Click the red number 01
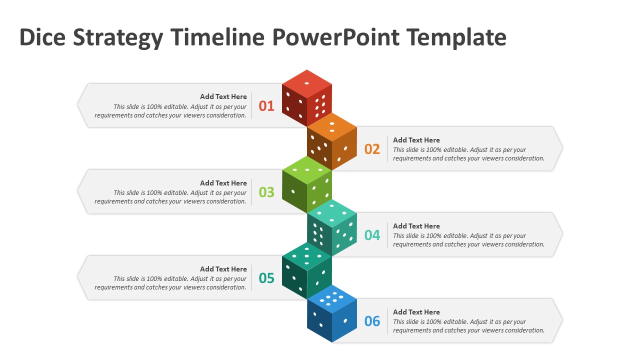[266, 106]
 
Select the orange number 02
[372, 149]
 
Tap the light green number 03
[266, 192]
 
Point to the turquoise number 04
[372, 235]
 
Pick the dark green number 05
[266, 278]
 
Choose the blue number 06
[372, 321]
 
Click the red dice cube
[307, 98]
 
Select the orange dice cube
[332, 141]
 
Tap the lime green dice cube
[307, 184]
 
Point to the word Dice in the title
[42, 37]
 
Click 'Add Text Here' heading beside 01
[223, 96]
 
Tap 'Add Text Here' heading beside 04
[416, 226]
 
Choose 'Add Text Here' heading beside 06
[416, 312]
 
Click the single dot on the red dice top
[307, 83]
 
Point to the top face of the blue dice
[332, 298]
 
